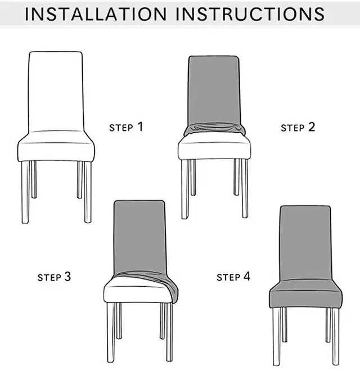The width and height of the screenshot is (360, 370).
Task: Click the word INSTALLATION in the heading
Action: pyautogui.click(x=96, y=14)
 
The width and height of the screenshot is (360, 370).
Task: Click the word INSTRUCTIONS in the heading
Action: pyautogui.click(x=250, y=14)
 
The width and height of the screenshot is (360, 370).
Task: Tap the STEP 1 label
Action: pyautogui.click(x=126, y=127)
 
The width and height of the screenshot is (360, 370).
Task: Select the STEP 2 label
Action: pyautogui.click(x=298, y=127)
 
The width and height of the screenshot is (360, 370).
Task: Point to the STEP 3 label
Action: pyautogui.click(x=55, y=277)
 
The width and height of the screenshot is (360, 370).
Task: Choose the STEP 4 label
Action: pyautogui.click(x=233, y=277)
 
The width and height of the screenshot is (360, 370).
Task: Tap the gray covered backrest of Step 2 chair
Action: pyautogui.click(x=214, y=89)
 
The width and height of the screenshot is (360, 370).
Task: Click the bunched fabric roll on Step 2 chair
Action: pyautogui.click(x=215, y=129)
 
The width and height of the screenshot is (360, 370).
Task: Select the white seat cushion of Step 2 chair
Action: pyautogui.click(x=214, y=147)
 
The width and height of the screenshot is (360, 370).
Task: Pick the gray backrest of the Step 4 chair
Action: pyautogui.click(x=305, y=243)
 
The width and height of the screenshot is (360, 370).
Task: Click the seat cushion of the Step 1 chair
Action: pyautogui.click(x=56, y=147)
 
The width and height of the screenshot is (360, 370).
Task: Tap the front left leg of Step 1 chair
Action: pyautogui.click(x=25, y=192)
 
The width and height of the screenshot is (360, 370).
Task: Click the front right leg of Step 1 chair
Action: pyautogui.click(x=88, y=192)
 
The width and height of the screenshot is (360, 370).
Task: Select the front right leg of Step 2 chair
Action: pyautogui.click(x=245, y=188)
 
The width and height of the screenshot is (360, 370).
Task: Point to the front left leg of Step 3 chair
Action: pyautogui.click(x=111, y=332)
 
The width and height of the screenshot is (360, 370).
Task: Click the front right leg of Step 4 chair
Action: pyautogui.click(x=336, y=336)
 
